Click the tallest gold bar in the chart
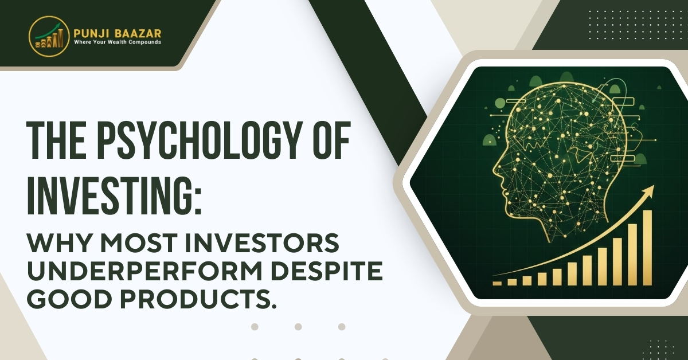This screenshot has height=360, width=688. [x=647, y=248]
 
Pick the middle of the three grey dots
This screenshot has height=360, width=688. [x=298, y=327]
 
